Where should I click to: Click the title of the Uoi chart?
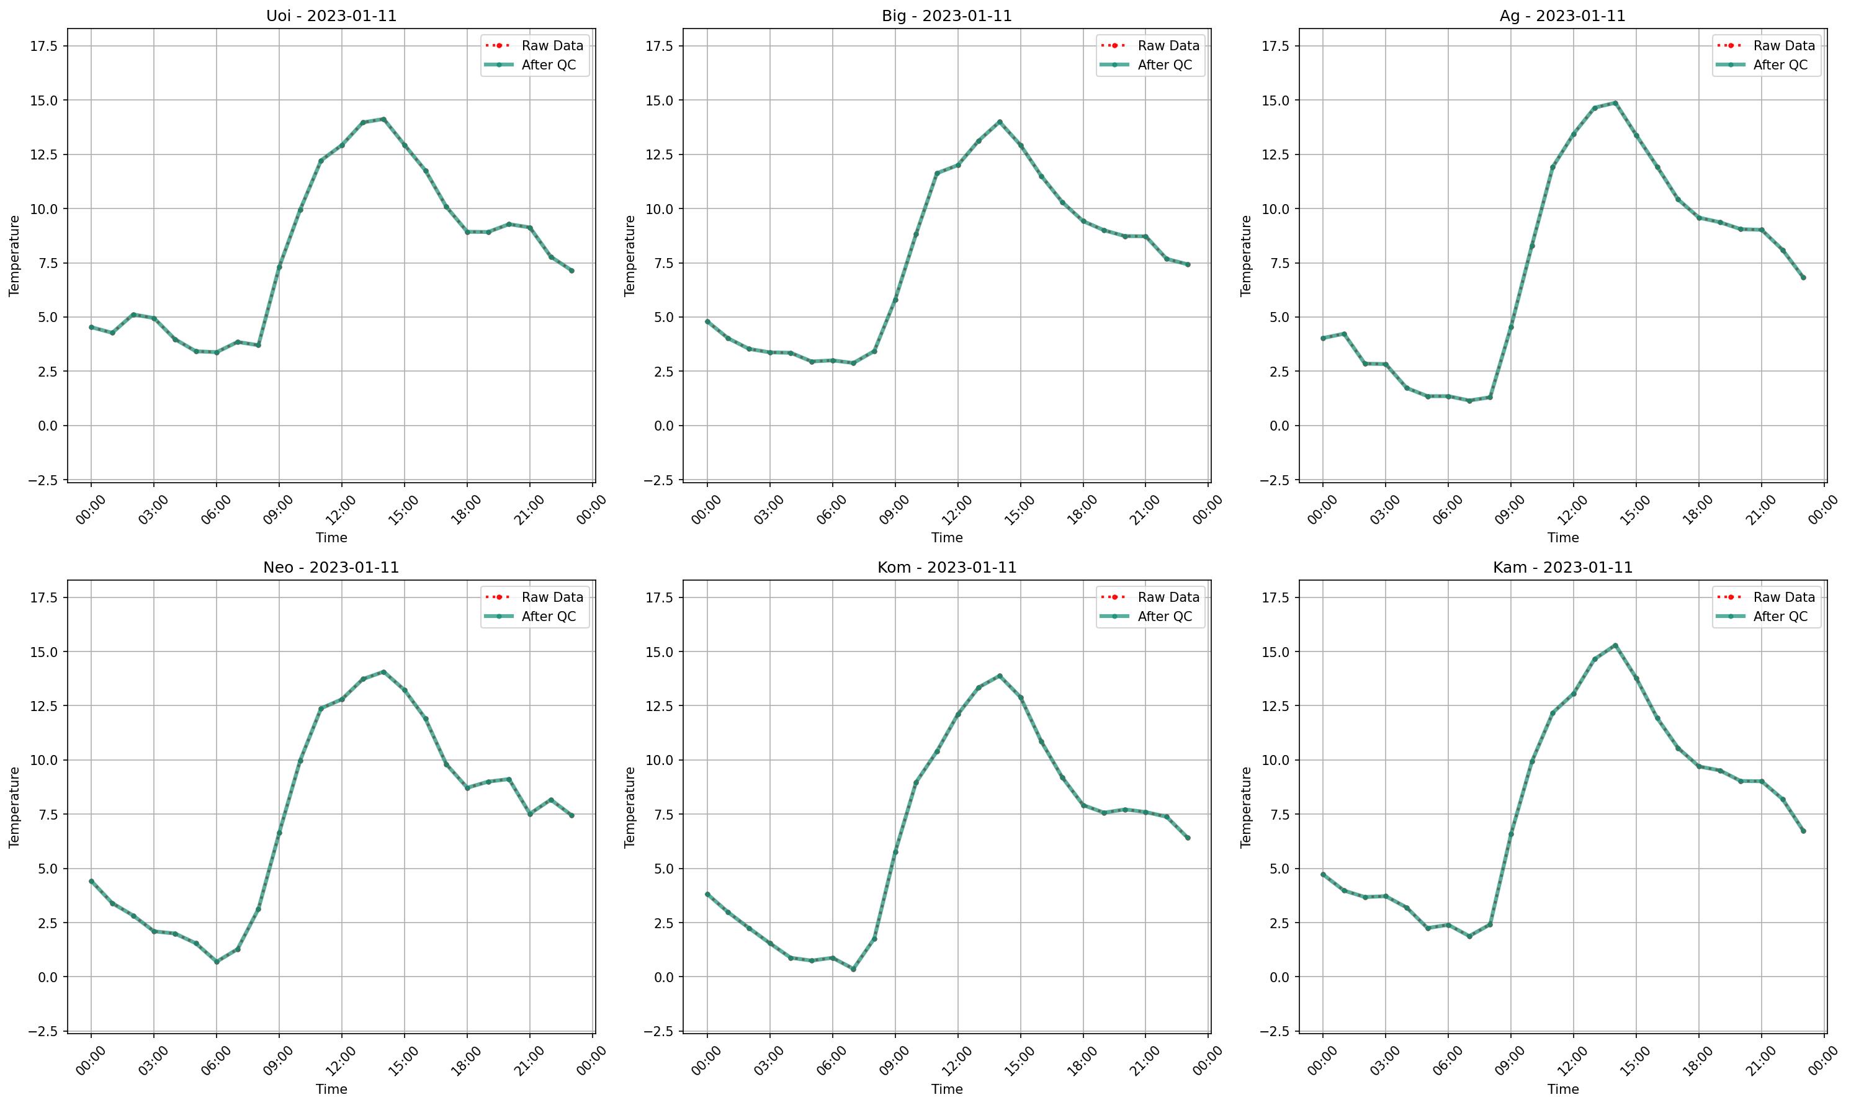[x=331, y=16]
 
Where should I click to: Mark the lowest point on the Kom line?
[x=853, y=969]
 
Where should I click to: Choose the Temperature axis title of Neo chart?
[x=14, y=807]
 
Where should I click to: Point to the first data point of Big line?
[x=707, y=321]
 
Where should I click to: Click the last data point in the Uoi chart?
[x=571, y=271]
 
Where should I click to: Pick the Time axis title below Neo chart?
[x=331, y=1089]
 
